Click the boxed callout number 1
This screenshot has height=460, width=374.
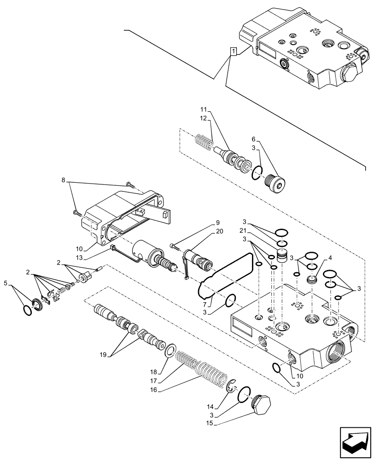[234, 51]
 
